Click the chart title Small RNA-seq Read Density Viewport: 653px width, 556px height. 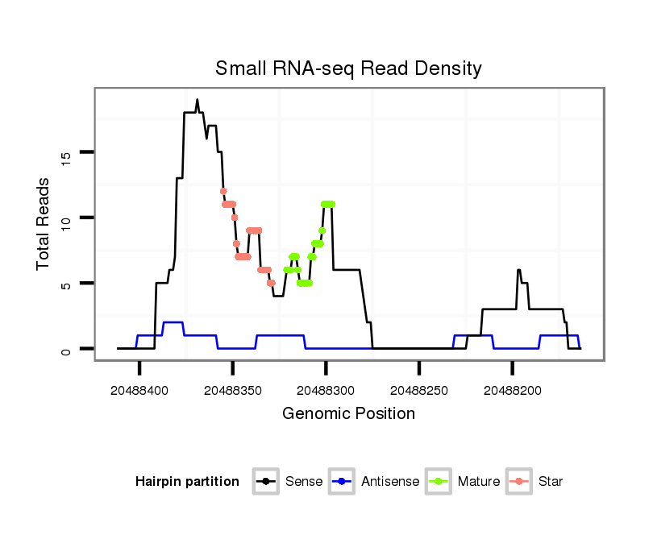(348, 68)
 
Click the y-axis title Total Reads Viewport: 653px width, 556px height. (44, 223)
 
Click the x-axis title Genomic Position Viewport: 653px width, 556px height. (348, 414)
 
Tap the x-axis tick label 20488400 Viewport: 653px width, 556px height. (140, 390)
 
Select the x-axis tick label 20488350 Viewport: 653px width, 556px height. (233, 390)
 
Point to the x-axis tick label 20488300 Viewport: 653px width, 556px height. (326, 390)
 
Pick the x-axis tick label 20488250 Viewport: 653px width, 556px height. (419, 390)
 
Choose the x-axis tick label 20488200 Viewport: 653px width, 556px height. (512, 390)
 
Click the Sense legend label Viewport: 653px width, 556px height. (304, 482)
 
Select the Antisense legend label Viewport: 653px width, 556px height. (390, 482)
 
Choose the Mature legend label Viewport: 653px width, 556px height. (479, 482)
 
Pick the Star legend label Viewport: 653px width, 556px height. (551, 482)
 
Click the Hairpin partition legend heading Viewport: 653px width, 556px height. (187, 482)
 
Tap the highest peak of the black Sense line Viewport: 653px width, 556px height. (197, 100)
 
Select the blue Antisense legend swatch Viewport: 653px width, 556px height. (343, 482)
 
